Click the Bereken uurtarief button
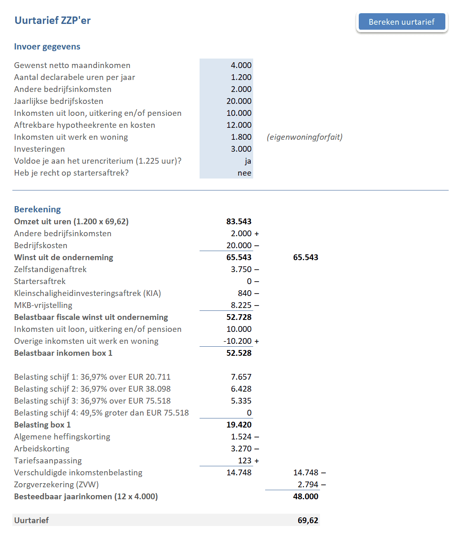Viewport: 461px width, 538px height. coord(402,22)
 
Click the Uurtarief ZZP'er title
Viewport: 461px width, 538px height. coord(52,21)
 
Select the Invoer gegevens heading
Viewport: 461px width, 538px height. coord(47,47)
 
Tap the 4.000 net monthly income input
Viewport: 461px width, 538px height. coord(241,65)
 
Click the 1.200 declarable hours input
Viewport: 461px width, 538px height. coord(241,77)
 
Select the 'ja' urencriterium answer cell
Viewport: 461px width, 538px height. coord(247,161)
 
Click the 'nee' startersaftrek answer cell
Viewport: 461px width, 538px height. coord(244,173)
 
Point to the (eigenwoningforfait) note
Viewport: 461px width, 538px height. coord(304,137)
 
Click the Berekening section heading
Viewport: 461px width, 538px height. coord(37,209)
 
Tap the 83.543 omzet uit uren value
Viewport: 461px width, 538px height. coord(239,221)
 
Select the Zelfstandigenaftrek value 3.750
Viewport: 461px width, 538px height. coord(241,269)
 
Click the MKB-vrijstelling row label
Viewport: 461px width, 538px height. coord(43,305)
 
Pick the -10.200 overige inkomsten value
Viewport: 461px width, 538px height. coord(238,341)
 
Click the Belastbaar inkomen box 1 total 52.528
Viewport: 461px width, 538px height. coord(239,353)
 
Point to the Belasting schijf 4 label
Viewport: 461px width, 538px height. coord(101,413)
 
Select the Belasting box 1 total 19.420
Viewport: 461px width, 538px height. coord(239,425)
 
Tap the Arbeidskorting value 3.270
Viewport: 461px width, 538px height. coord(241,449)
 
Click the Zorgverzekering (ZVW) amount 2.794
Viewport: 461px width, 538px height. coord(308,484)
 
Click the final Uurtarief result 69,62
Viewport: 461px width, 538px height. coord(308,520)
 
